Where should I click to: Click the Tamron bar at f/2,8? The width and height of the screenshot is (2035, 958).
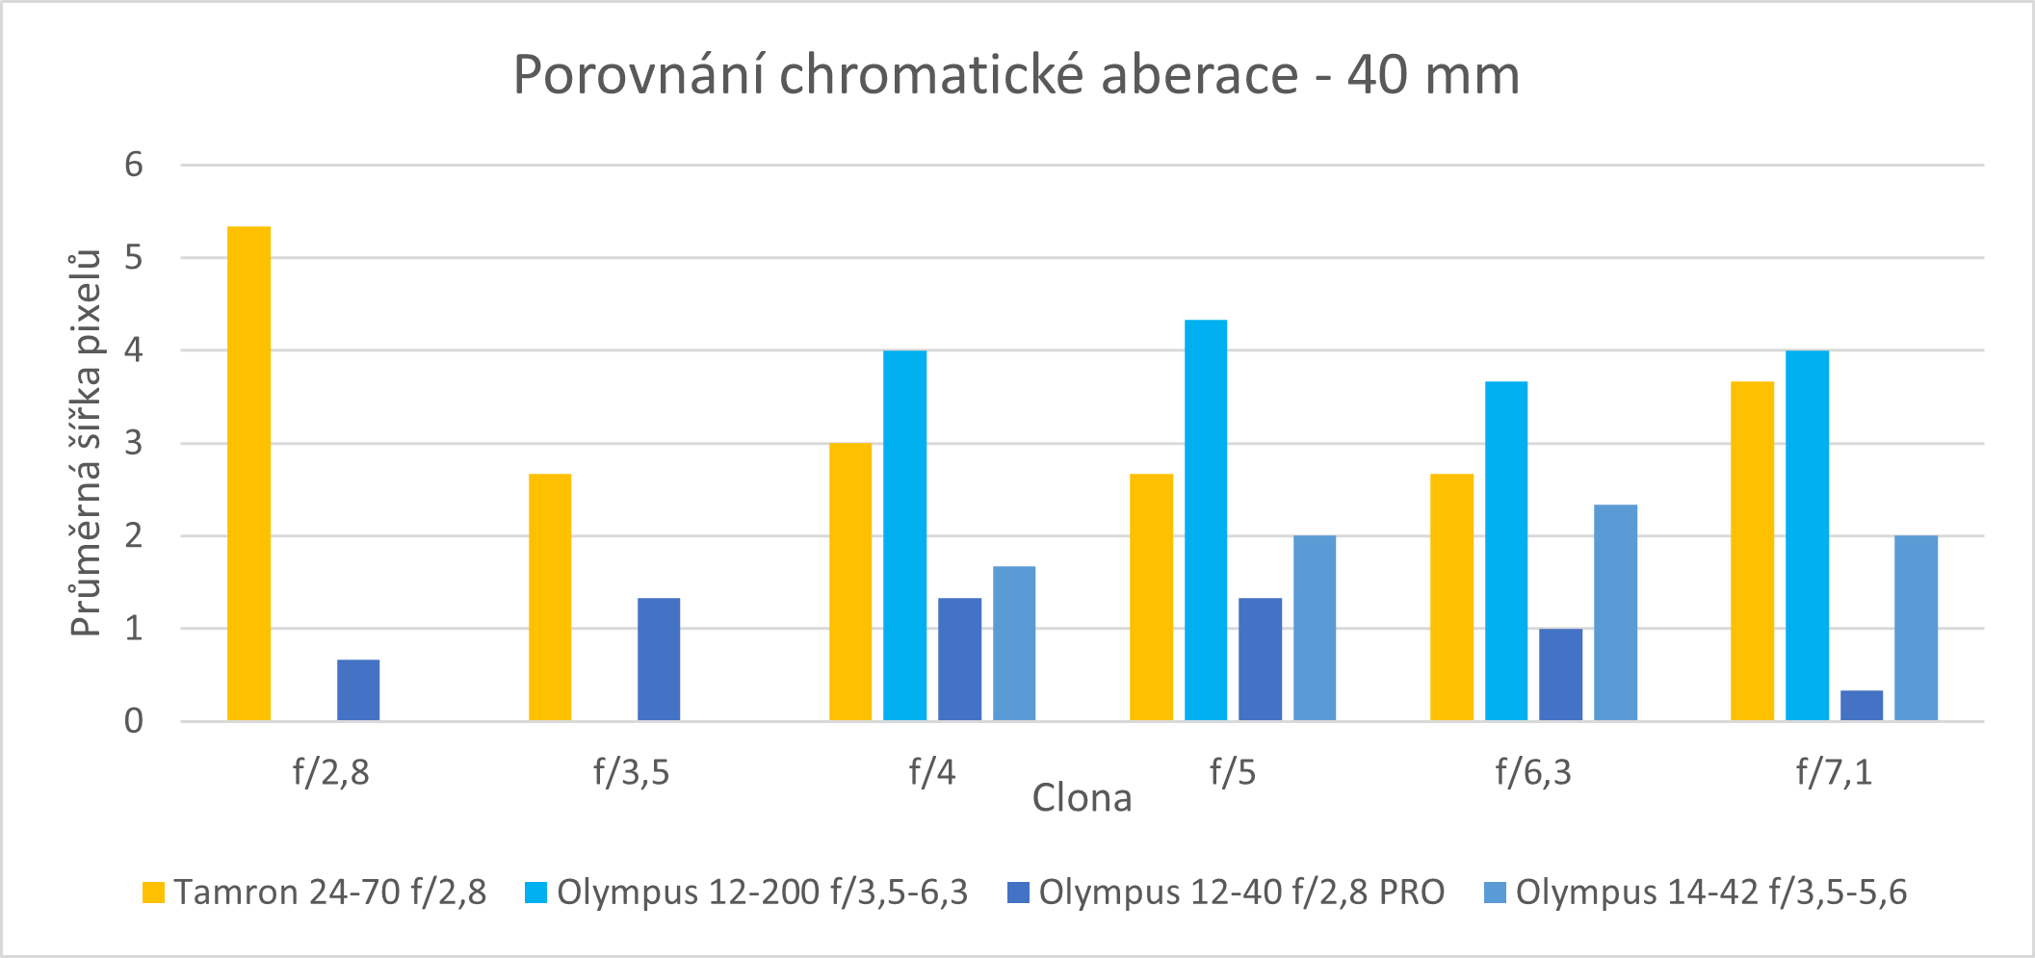click(x=248, y=474)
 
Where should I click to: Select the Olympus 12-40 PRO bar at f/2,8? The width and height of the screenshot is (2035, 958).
click(x=358, y=690)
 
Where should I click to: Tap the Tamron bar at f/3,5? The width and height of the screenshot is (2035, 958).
click(x=550, y=597)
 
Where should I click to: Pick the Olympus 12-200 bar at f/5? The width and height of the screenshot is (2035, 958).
click(x=1206, y=520)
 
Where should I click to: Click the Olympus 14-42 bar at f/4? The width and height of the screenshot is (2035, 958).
click(x=1014, y=643)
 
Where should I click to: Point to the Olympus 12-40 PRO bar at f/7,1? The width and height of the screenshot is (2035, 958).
click(x=1861, y=706)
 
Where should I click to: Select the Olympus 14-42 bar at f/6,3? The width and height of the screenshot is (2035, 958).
click(x=1615, y=612)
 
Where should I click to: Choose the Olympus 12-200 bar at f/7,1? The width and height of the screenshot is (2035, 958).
click(x=1807, y=535)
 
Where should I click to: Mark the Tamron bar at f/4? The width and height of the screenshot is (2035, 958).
click(x=850, y=582)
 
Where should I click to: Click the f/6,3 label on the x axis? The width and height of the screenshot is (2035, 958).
click(x=1533, y=772)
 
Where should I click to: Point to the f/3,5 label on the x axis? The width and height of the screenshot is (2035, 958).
click(x=631, y=772)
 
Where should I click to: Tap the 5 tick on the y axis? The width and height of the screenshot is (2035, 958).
click(x=134, y=258)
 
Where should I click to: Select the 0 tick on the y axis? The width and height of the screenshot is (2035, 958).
click(x=134, y=721)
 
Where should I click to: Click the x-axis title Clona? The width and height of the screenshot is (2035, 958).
click(x=1082, y=798)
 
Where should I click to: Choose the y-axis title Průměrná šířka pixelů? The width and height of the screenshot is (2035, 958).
click(x=87, y=443)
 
